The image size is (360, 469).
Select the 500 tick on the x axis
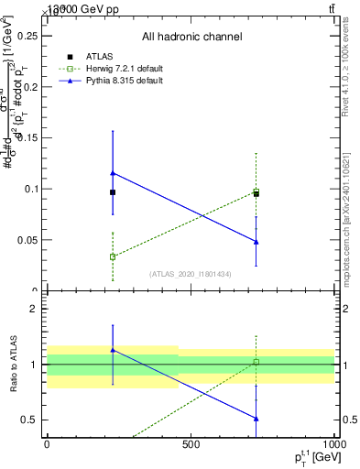pos(191,444)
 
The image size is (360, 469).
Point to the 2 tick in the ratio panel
pos(37,309)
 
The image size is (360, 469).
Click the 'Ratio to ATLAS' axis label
pos(13,364)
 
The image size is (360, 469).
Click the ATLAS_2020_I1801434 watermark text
pos(191,274)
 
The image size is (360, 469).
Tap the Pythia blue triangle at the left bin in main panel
pos(113,172)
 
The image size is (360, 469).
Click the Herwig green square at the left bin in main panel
pos(113,256)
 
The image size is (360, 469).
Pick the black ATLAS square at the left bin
pos(113,192)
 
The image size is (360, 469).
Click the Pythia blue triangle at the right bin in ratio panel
pos(256,419)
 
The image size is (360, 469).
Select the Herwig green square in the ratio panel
pos(256,362)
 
